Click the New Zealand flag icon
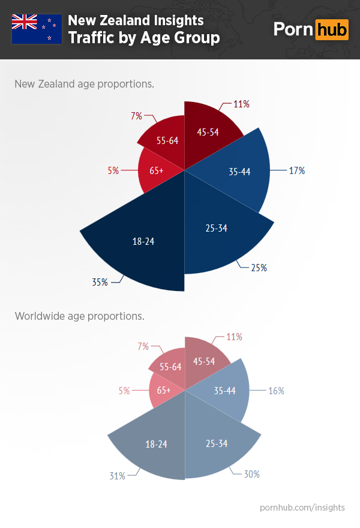coord(37,29)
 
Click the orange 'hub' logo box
coord(332,29)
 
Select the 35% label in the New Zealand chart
coord(100,281)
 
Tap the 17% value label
coord(296,171)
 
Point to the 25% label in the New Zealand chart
coord(259,268)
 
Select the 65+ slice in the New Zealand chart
coord(157,170)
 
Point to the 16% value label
coord(276,391)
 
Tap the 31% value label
coord(117,476)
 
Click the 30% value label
coord(251,474)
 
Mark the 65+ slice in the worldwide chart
coord(164,390)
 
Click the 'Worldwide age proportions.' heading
coord(79,316)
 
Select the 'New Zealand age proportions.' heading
coord(84,83)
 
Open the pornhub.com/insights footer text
coord(302,508)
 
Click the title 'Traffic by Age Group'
coord(143,38)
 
